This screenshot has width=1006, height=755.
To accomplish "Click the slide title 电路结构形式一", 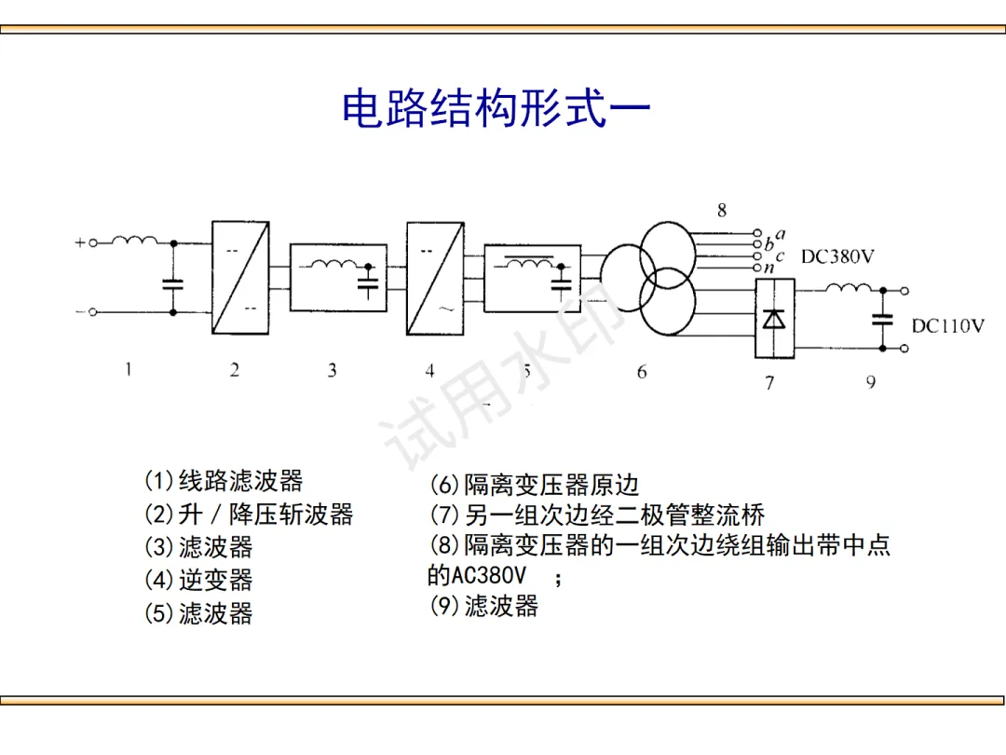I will [x=496, y=109].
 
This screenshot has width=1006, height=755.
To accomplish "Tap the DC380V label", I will [x=837, y=256].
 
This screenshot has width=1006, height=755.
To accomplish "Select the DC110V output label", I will [x=947, y=326].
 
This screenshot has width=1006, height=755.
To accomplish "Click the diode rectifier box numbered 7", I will [x=774, y=318].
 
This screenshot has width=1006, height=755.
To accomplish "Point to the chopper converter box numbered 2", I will [x=240, y=277].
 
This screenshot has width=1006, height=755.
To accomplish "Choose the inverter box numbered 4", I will [x=435, y=277].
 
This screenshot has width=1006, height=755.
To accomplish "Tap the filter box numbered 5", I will [x=532, y=277].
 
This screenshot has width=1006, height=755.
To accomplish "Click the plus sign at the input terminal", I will [x=80, y=242].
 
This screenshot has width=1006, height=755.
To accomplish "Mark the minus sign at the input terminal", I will [x=80, y=312].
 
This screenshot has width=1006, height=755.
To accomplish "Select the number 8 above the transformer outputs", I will [x=722, y=211].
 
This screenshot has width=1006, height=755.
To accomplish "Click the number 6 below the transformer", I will [x=642, y=372].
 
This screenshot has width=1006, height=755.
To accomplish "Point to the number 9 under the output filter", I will [x=871, y=381].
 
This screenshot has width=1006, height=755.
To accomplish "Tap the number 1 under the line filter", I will [x=129, y=369].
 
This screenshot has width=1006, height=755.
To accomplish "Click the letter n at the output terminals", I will [x=768, y=268].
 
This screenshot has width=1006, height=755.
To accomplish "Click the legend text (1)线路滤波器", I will [x=224, y=481].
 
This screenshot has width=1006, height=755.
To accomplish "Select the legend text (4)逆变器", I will [x=198, y=580].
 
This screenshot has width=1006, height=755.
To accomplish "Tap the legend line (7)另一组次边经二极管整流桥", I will [x=597, y=515].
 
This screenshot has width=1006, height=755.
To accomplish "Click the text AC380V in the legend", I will [x=488, y=575].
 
